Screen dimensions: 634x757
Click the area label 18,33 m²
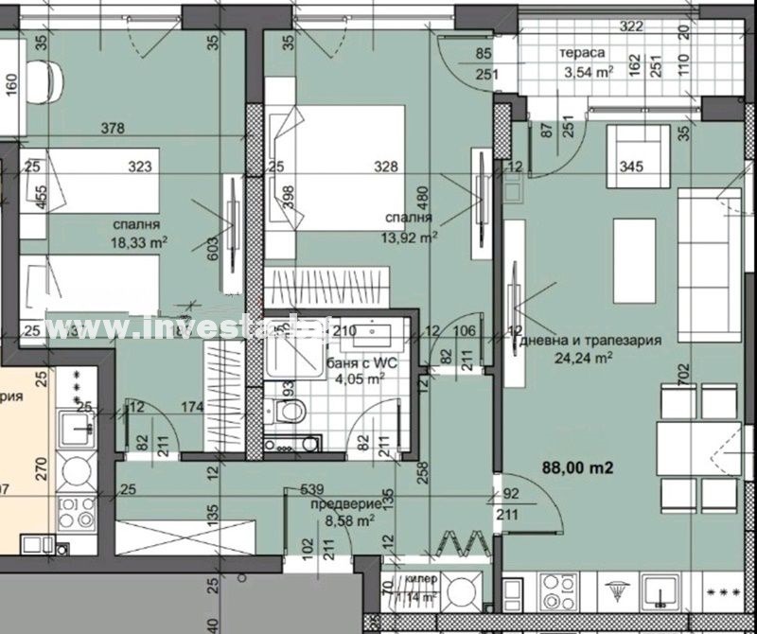pyautogui.click(x=139, y=241)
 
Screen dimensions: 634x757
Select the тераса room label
pyautogui.click(x=582, y=53)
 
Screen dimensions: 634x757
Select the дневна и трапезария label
pyautogui.click(x=588, y=341)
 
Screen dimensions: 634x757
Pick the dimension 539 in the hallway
pyautogui.click(x=312, y=489)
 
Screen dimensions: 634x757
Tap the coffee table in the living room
pyautogui.click(x=635, y=248)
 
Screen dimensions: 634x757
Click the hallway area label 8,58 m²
pyautogui.click(x=346, y=520)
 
